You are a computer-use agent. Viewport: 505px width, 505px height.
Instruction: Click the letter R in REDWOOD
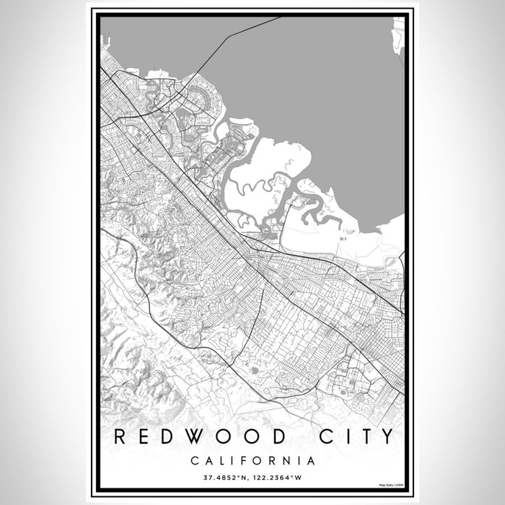[118, 436]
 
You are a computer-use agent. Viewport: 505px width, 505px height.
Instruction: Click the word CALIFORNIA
[252, 460]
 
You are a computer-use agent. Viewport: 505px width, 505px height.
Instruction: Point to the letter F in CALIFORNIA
[248, 460]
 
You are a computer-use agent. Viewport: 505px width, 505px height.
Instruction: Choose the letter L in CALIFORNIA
[224, 460]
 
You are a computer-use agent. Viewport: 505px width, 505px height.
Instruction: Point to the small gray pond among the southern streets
[255, 370]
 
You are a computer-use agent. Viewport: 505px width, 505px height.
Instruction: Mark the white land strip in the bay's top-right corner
[398, 32]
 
